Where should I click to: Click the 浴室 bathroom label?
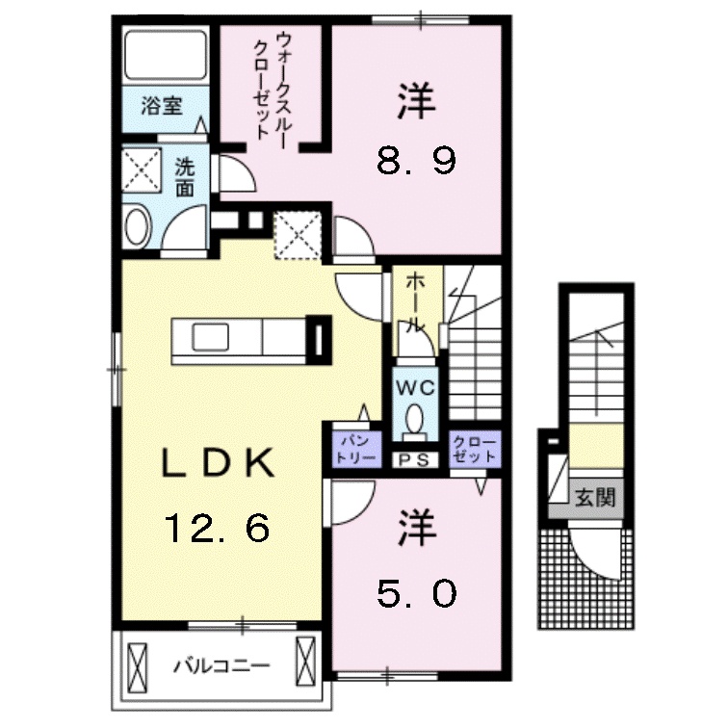pos(162,106)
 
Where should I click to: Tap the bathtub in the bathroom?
pos(166,54)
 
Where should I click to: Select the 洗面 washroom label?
pos(184,179)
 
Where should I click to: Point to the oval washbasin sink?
pos(139,227)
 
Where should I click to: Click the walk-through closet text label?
pos(271,86)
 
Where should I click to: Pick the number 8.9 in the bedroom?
pos(416,161)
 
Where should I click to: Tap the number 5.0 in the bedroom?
pos(416,594)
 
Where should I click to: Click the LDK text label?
pos(218,464)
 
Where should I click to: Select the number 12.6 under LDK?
pos(217,529)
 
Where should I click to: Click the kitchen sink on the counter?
pos(210,337)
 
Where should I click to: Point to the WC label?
pos(415,388)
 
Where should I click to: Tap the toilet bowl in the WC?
pos(415,420)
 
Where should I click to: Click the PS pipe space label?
pos(415,460)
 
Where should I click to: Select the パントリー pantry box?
pos(356,450)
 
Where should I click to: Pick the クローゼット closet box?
pos(476,450)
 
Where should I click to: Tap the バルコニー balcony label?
pos(221,666)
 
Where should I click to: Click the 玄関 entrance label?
pos(595,498)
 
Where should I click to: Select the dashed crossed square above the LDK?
pos(298,235)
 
